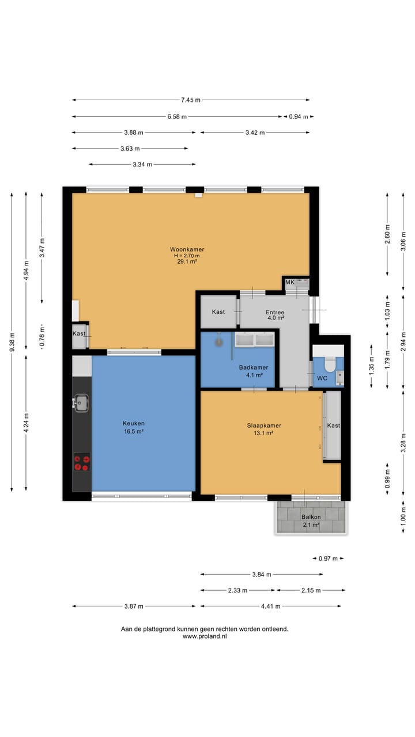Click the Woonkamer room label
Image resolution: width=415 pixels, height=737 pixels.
coord(187,249)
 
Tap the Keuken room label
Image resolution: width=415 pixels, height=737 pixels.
coord(133,423)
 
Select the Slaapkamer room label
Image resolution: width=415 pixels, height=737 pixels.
coord(264,426)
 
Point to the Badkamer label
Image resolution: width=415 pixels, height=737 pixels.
coord(253,367)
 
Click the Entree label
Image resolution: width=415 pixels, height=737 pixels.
coord(275,312)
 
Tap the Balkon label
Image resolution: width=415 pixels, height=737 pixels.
coord(311,517)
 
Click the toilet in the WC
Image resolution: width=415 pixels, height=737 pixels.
coord(330,363)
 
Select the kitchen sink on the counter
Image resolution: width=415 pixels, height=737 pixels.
coord(81,403)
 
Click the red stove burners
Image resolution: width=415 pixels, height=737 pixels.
coord(82,462)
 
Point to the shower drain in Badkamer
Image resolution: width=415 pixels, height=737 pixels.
coord(219,342)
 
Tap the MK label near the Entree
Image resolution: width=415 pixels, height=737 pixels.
coord(290,282)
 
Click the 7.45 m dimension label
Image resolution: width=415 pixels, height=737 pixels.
coord(191,100)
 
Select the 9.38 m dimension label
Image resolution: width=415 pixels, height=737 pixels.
coord(12,342)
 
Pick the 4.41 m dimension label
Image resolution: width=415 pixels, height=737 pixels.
coord(271,606)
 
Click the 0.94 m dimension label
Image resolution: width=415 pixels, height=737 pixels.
coord(299,116)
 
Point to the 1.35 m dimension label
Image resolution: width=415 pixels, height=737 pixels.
coord(371,366)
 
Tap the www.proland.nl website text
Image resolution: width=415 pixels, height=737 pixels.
coord(205,636)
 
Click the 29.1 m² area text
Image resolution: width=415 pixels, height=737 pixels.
coord(187,261)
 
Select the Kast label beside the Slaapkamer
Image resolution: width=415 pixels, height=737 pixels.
coord(333,426)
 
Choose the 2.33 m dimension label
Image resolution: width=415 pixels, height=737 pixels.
coord(237,590)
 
